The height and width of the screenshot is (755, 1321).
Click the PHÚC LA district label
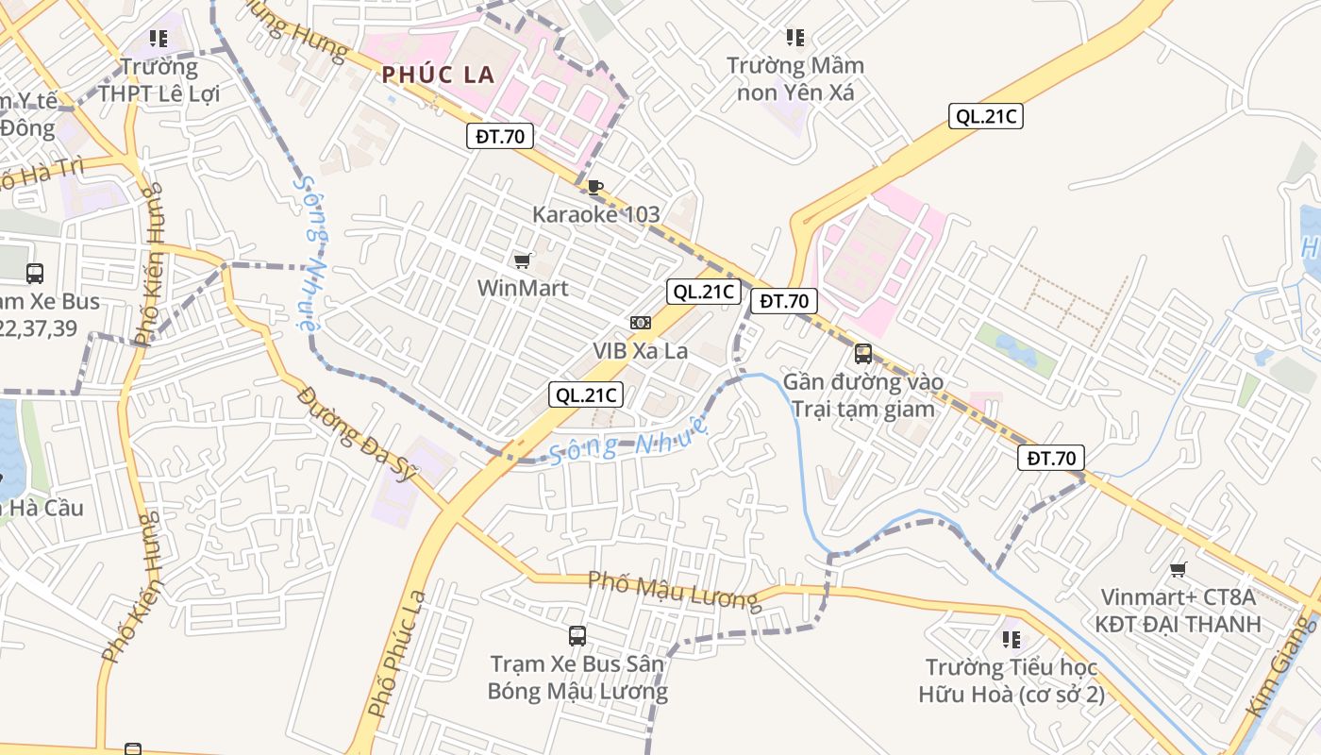439,75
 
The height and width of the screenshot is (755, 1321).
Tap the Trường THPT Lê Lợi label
159,80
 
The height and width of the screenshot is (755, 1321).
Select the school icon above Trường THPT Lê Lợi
159,39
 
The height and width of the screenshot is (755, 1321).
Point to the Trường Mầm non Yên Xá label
794,79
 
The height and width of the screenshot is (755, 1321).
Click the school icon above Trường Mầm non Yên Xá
795,38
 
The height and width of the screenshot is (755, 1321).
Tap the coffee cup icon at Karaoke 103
594,187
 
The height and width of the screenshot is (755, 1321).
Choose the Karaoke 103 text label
596,214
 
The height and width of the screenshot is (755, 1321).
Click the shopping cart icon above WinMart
522,260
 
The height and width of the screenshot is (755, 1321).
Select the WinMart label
523,288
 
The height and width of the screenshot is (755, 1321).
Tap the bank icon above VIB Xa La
641,323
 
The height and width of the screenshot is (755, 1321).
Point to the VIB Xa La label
641,350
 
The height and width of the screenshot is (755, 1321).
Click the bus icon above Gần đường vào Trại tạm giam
863,354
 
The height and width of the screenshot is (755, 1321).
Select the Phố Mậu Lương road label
673,591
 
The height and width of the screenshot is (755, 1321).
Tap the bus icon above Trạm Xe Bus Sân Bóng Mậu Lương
577,636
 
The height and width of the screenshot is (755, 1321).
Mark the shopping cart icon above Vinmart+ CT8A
1178,569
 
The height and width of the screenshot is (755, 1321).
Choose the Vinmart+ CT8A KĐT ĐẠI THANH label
1178,611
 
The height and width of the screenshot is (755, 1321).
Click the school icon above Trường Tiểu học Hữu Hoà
1012,640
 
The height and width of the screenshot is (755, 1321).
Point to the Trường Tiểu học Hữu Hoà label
1012,681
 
